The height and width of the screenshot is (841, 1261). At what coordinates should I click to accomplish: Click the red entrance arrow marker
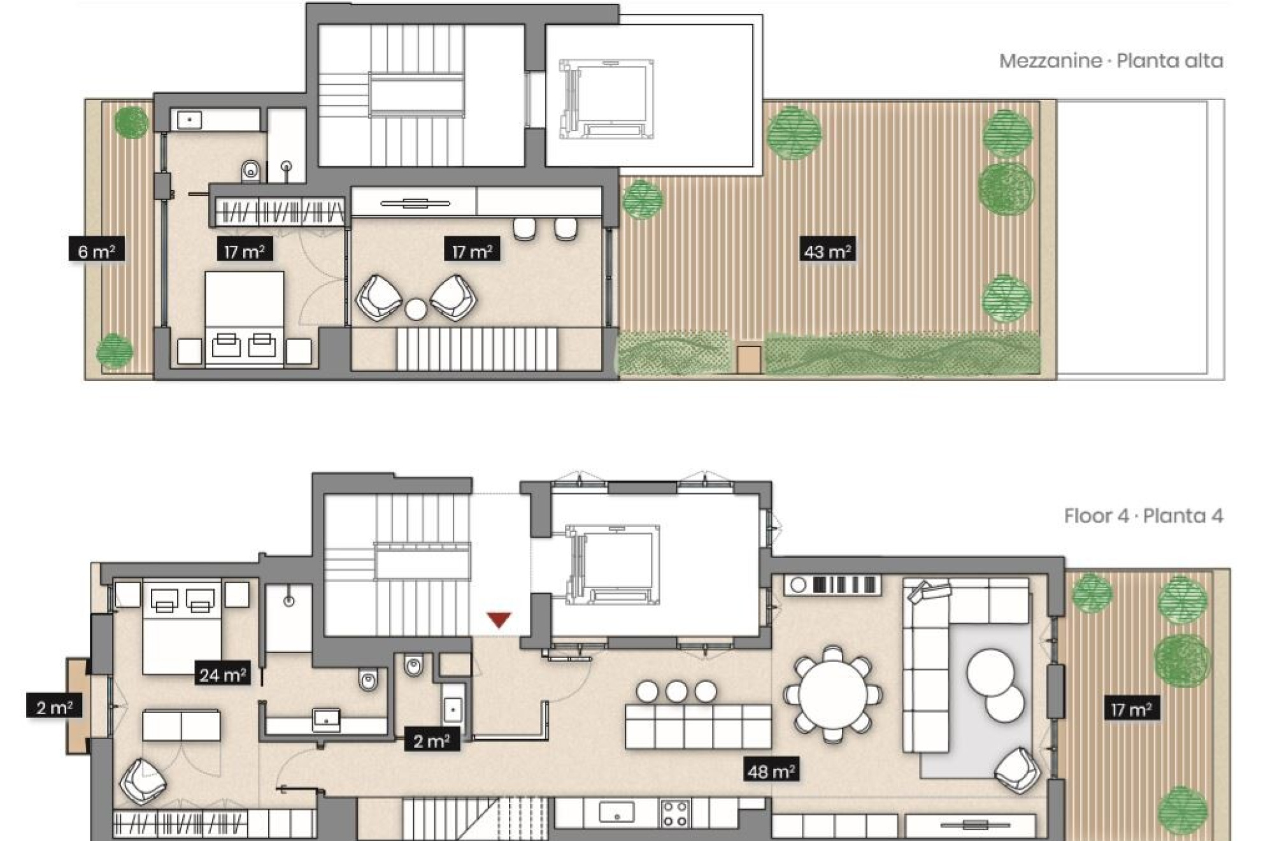click(x=499, y=619)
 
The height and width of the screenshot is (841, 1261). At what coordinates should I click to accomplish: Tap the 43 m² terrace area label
click(x=827, y=251)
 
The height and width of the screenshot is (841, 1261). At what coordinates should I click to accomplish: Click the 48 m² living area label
click(x=771, y=772)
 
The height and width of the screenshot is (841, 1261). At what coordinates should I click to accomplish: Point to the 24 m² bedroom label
click(x=222, y=674)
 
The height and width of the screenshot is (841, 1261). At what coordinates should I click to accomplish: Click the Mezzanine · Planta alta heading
click(x=1111, y=61)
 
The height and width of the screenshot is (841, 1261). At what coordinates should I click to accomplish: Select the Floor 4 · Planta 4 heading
click(x=1143, y=515)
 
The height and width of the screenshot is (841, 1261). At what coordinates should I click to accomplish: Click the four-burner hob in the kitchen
click(x=674, y=814)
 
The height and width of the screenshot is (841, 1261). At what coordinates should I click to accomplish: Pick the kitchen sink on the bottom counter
click(x=616, y=814)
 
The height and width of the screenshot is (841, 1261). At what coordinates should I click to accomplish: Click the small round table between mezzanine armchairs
click(x=416, y=310)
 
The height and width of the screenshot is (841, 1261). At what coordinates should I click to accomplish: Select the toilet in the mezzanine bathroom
click(x=251, y=171)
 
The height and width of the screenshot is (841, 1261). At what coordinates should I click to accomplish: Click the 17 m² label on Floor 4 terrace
click(x=1130, y=709)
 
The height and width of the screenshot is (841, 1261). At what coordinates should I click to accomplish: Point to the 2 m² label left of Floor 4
click(x=54, y=707)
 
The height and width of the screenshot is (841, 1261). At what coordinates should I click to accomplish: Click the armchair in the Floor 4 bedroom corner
click(x=143, y=781)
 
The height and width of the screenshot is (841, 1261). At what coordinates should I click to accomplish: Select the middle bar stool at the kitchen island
click(x=676, y=691)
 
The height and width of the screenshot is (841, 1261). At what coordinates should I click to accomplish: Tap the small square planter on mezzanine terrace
click(x=748, y=359)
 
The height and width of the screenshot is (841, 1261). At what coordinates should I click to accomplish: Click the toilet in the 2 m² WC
click(x=413, y=666)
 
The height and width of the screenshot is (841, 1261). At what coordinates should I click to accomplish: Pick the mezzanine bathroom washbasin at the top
click(x=189, y=119)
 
